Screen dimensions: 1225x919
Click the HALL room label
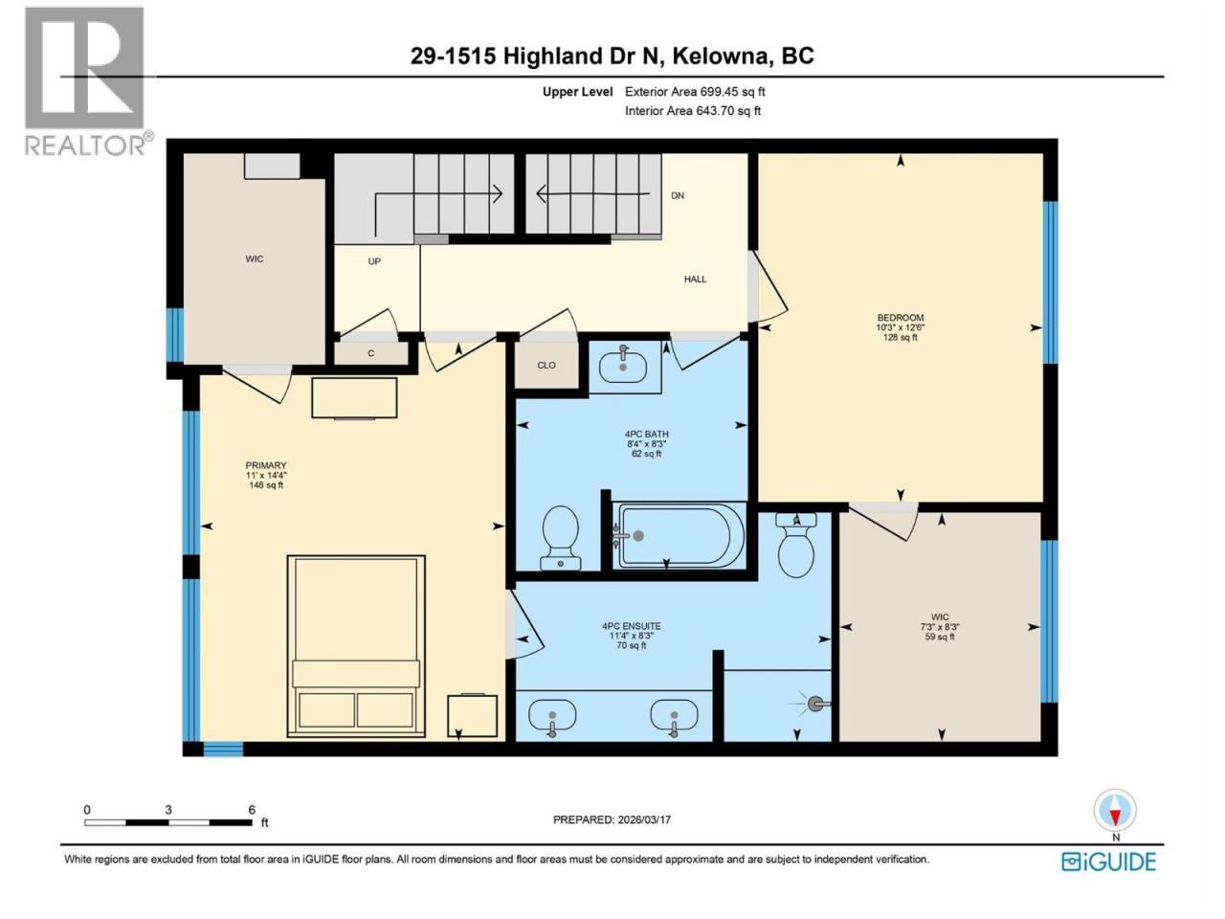click(x=695, y=279)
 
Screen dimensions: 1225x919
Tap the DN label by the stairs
click(x=677, y=195)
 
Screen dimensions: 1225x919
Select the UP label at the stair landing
click(x=374, y=261)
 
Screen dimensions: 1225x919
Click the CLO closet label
click(x=546, y=365)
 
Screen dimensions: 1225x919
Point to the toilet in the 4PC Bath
click(x=560, y=537)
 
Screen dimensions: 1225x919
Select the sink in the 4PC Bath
click(x=623, y=366)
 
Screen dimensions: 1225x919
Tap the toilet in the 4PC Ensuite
click(x=796, y=545)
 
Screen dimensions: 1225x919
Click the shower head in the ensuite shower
click(x=816, y=705)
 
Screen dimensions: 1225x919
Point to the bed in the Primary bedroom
click(x=356, y=645)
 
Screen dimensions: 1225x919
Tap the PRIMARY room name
click(x=266, y=465)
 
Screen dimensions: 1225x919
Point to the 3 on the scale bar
click(x=168, y=810)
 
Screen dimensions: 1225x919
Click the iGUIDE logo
click(x=1108, y=863)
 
